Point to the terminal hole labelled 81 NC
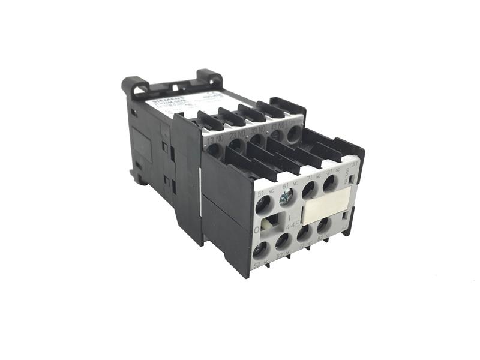(x=329, y=183)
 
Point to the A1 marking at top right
(x=355, y=163)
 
